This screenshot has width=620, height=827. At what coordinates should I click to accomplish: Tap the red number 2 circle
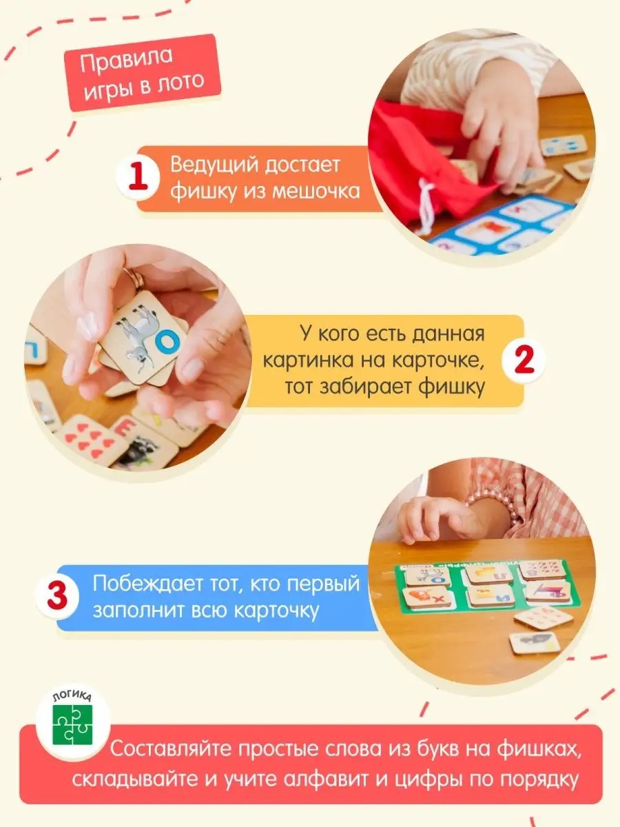pos(524,360)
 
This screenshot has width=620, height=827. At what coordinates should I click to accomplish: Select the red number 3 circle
pos(57,596)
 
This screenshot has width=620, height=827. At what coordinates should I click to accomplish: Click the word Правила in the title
pos(127,60)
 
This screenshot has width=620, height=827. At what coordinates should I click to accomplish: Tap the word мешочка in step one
pos(316,191)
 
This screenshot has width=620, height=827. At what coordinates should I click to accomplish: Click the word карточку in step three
pos(276,611)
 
